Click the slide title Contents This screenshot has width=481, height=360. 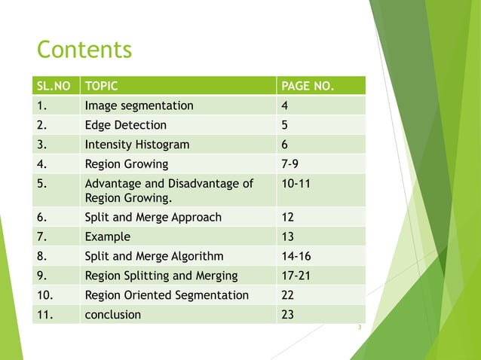[84, 50]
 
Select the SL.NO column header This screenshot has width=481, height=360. [54, 86]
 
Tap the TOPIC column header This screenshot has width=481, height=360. [103, 86]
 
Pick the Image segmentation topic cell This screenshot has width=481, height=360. [139, 105]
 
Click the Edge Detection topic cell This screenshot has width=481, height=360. [126, 125]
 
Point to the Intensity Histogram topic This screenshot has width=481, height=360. [137, 145]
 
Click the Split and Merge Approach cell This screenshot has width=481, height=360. [154, 217]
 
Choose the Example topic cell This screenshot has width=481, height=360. [107, 236]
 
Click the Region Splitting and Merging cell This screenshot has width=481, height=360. [161, 276]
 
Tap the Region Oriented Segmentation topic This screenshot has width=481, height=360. [167, 295]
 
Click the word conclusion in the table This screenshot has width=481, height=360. [113, 315]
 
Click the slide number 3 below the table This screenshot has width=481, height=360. [360, 328]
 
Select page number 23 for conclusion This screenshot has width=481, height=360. [287, 315]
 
